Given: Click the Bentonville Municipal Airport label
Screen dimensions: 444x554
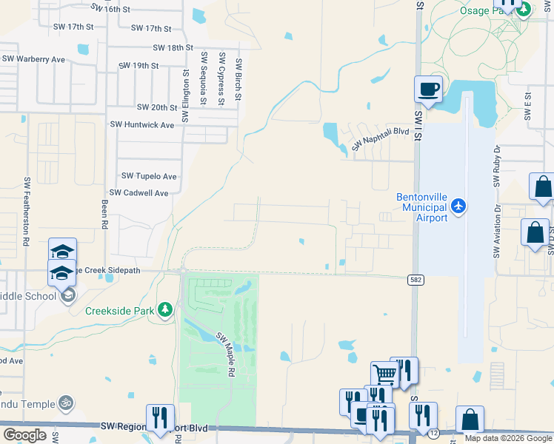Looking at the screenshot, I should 421,208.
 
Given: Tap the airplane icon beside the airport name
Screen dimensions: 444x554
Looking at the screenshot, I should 459,205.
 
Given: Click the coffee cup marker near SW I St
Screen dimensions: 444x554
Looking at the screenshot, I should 428,90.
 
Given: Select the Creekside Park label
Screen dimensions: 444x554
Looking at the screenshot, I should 120,311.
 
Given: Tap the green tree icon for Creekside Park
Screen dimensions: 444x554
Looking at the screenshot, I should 166,310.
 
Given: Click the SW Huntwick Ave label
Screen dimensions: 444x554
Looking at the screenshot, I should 141,125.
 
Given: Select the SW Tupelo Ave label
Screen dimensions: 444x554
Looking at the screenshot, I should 149,176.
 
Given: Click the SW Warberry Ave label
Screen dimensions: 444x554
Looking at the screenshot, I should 33,58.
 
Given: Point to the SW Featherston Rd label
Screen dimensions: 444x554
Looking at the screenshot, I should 26,212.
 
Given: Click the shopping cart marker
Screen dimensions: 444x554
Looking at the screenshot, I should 385,374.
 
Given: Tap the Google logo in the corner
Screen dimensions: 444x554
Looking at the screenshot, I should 25,434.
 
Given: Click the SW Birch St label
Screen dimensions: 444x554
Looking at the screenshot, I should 238,81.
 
